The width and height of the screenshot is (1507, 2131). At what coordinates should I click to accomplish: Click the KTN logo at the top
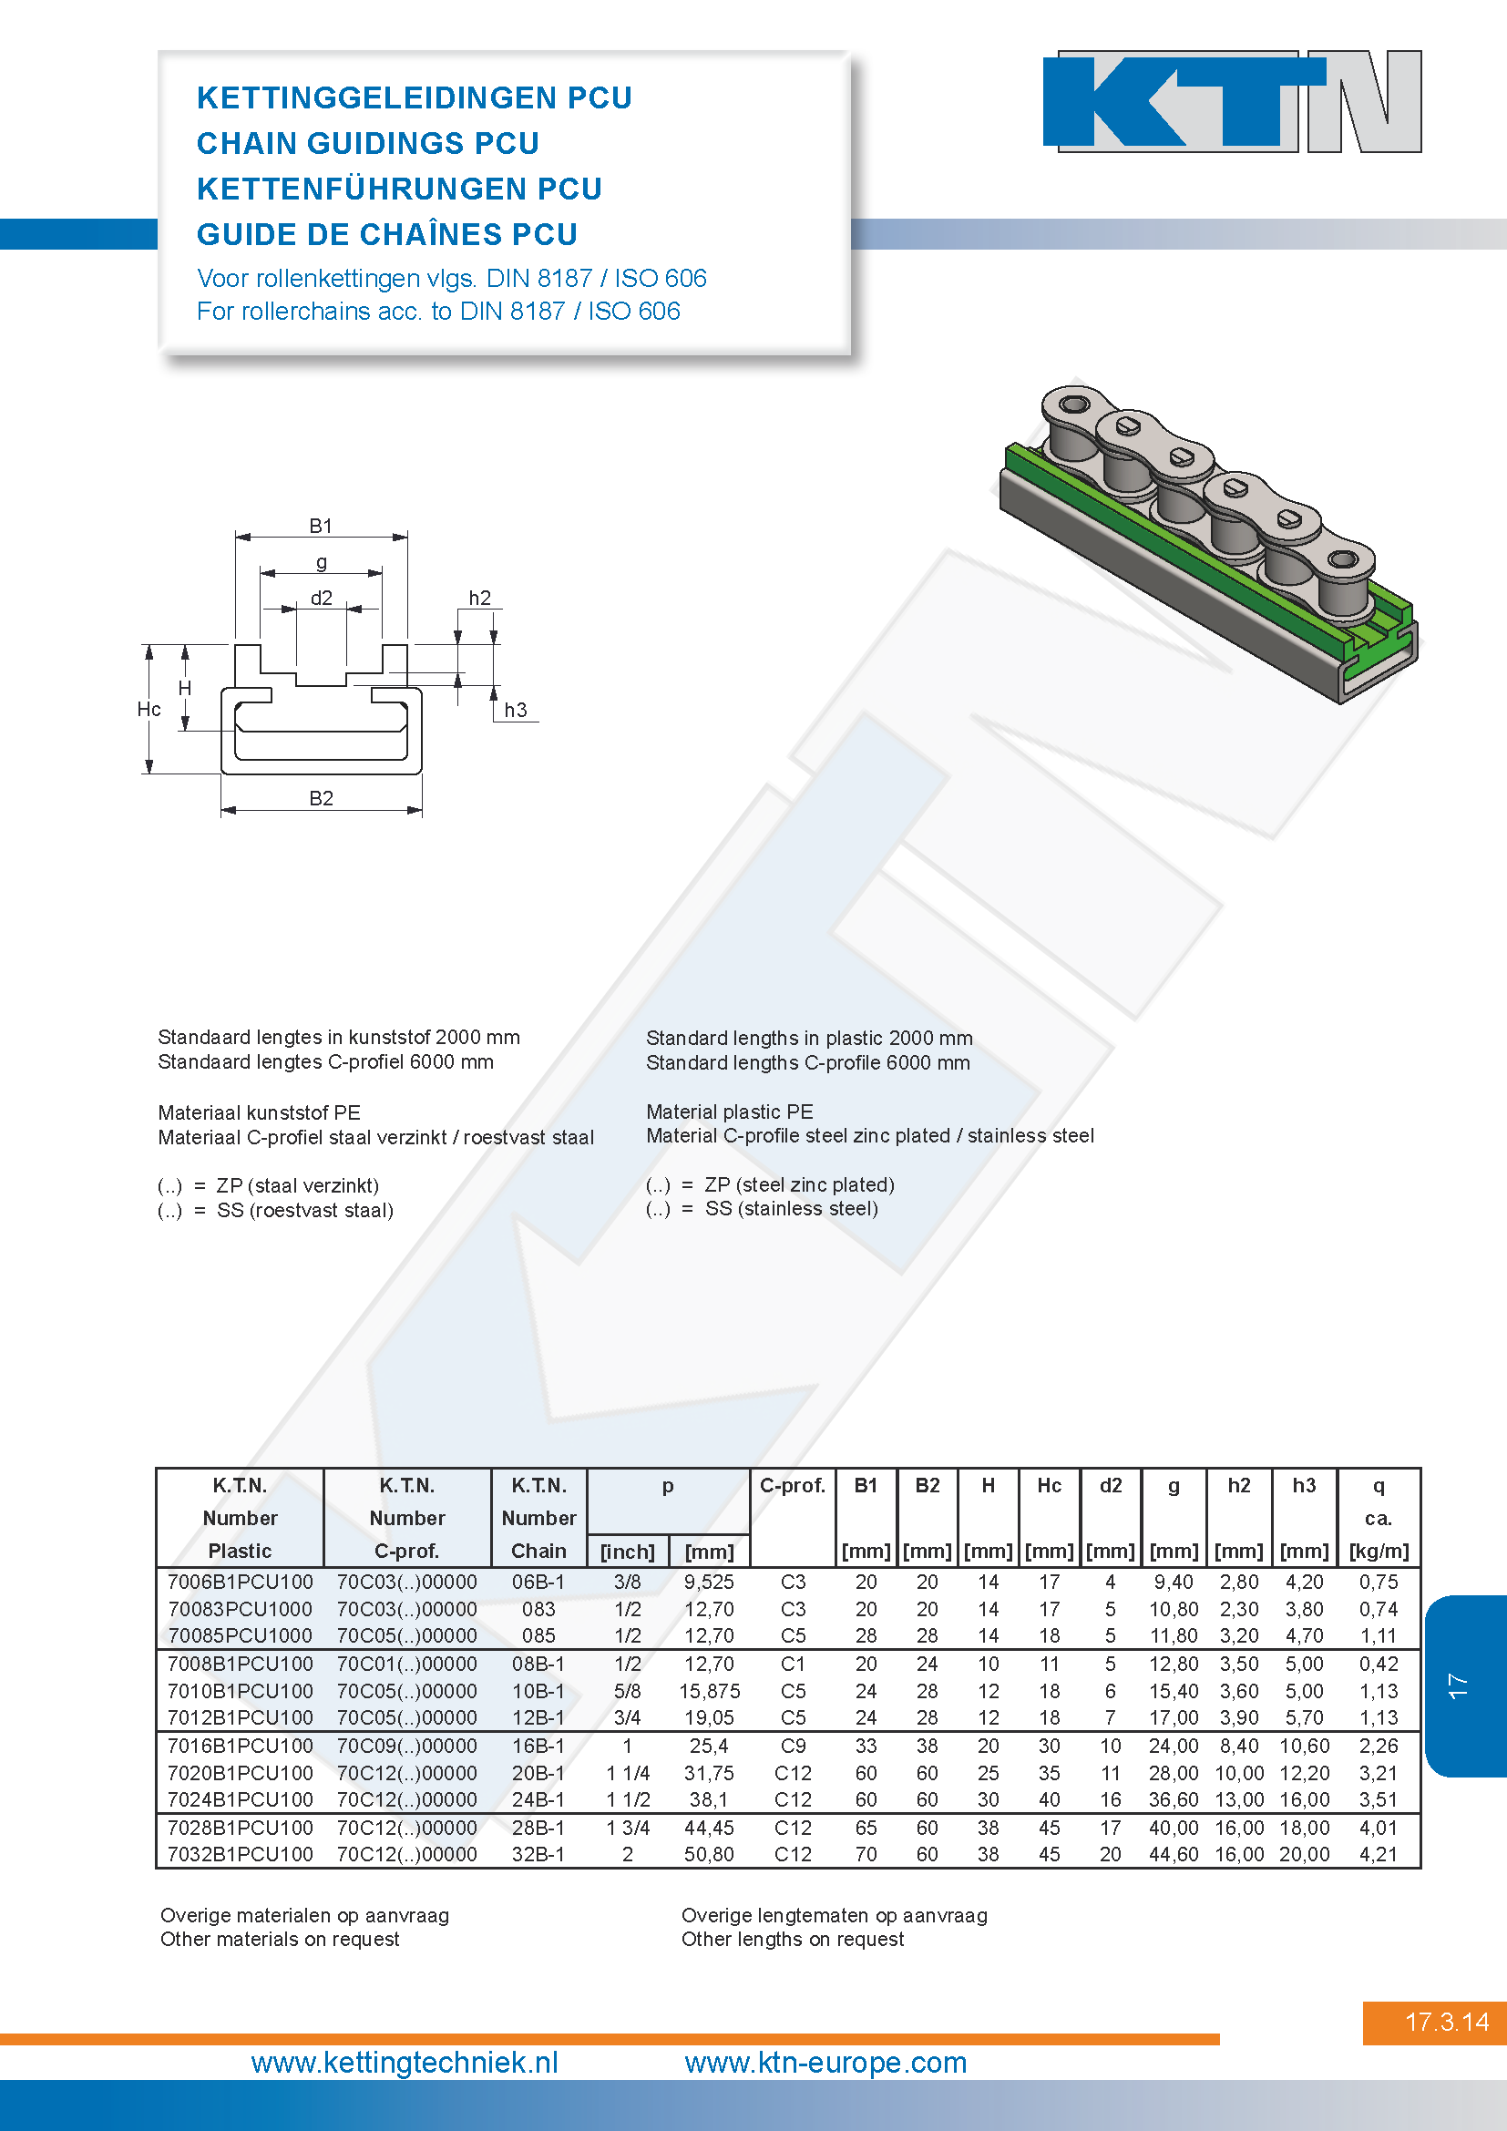click(1233, 101)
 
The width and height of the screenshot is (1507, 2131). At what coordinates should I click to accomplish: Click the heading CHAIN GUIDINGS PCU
click(367, 143)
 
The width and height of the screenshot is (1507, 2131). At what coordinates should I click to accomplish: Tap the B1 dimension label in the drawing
click(320, 526)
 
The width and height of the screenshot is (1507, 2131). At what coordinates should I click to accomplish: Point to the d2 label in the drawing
click(321, 598)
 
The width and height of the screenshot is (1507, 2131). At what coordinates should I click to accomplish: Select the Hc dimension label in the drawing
click(149, 709)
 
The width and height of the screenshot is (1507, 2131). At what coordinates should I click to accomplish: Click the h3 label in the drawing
click(515, 710)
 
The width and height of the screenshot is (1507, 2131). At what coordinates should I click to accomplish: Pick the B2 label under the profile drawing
click(321, 798)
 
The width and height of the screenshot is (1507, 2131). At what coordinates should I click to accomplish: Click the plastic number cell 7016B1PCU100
click(241, 1746)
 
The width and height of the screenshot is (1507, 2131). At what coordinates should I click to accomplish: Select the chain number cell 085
click(538, 1635)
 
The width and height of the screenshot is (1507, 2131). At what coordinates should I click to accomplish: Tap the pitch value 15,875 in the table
click(709, 1691)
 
